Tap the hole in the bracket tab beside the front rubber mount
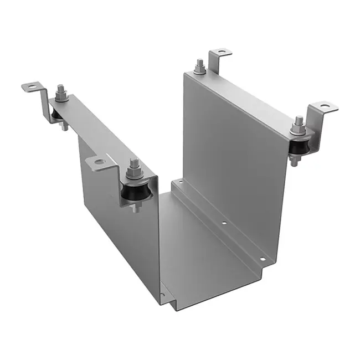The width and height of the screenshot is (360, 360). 99,162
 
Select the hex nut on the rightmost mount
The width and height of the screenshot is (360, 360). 299,131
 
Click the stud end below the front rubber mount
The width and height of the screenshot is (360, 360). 135,209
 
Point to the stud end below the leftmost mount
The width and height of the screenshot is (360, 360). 64,127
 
